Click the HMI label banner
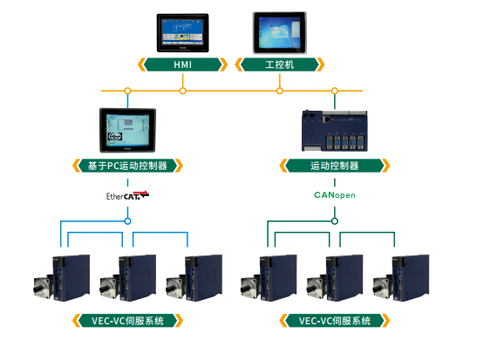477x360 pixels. [x=182, y=65]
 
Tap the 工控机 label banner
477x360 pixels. [x=280, y=65]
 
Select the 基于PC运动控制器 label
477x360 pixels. [x=127, y=166]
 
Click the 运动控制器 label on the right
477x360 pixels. [x=334, y=166]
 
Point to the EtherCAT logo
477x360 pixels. [x=127, y=195]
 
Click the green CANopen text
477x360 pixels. [x=335, y=195]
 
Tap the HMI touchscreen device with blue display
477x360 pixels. [x=182, y=33]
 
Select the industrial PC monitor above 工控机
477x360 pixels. [x=280, y=33]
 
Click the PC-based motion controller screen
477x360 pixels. [x=128, y=130]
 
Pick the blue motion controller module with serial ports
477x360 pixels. [x=335, y=131]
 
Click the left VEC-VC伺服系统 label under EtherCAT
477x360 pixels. [x=127, y=321]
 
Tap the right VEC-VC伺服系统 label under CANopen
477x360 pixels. [x=334, y=321]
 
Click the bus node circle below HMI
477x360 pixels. [x=182, y=91]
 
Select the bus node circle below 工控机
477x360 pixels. [x=280, y=91]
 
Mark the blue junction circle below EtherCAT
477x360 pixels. [x=128, y=221]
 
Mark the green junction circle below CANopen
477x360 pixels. [x=335, y=221]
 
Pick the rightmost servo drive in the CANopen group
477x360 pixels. [x=401, y=278]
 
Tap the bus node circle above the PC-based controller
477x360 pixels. [x=128, y=91]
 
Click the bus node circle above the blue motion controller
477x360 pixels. [x=335, y=91]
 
